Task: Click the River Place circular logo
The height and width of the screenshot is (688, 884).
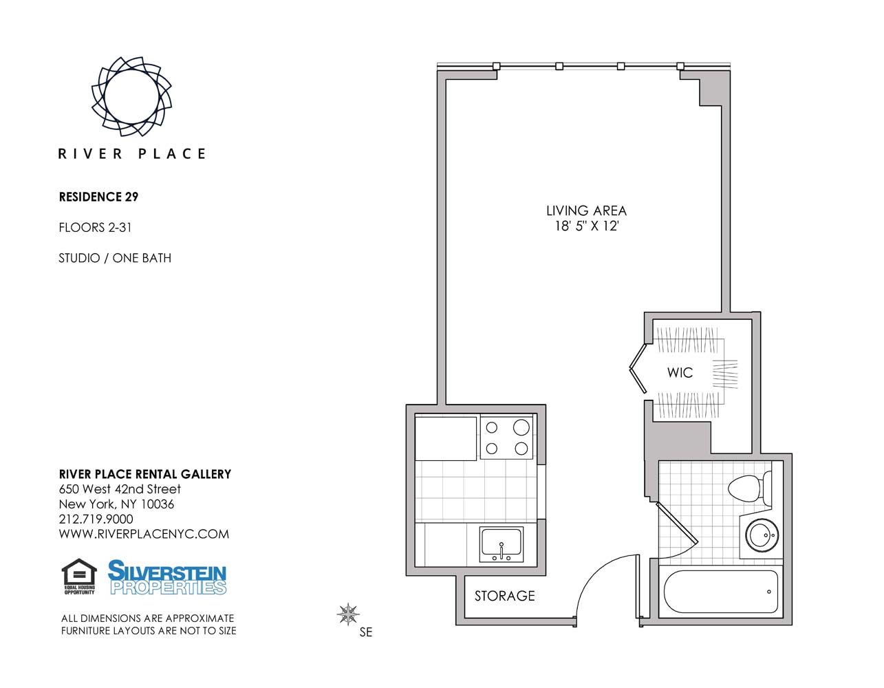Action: coord(131,96)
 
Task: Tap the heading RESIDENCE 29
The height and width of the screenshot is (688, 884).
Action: coord(98,197)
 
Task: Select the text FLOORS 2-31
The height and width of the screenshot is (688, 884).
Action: coord(95,228)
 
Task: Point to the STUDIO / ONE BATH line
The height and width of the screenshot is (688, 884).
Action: coord(115,258)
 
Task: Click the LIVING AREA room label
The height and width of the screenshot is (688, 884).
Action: coord(586,211)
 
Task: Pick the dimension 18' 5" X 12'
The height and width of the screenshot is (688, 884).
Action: coord(587,226)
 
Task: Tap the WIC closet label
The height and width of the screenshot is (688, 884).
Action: coord(680,372)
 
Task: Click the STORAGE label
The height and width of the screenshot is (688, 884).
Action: coord(504,596)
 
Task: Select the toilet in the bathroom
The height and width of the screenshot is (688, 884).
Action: coord(749,488)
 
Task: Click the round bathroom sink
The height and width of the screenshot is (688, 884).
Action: coord(762,535)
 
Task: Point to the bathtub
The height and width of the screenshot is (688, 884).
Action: coord(720,591)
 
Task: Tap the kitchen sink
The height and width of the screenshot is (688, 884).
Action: coord(502,544)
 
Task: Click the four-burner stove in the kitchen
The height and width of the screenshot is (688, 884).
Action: coord(506,438)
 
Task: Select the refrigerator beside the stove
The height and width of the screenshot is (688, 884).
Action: coord(446,438)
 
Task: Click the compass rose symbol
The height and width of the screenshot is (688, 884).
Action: coord(348,614)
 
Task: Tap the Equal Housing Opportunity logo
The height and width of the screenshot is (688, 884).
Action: coord(79,577)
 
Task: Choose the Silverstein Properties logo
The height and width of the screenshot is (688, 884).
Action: coord(166,577)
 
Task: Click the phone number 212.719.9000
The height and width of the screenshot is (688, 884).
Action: coord(96,519)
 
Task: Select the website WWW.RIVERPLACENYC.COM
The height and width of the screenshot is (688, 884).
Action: coord(144,534)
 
